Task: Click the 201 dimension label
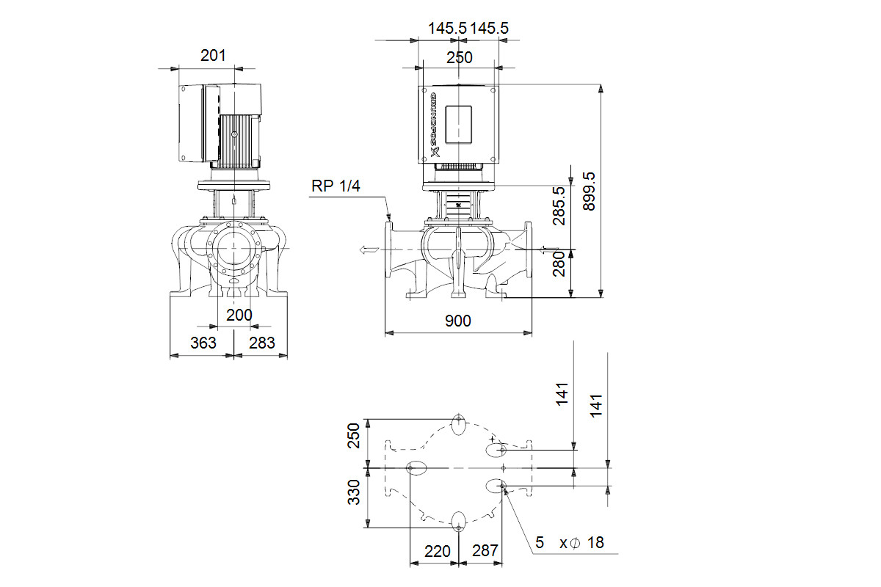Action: (213, 56)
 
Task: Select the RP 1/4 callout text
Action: (336, 186)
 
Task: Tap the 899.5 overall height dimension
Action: (589, 192)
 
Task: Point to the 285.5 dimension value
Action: (559, 205)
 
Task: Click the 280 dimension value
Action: (559, 265)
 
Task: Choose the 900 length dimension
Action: (458, 321)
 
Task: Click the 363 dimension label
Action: (203, 343)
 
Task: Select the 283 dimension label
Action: (262, 343)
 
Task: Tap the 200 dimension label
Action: (239, 315)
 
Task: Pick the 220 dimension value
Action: (438, 551)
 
